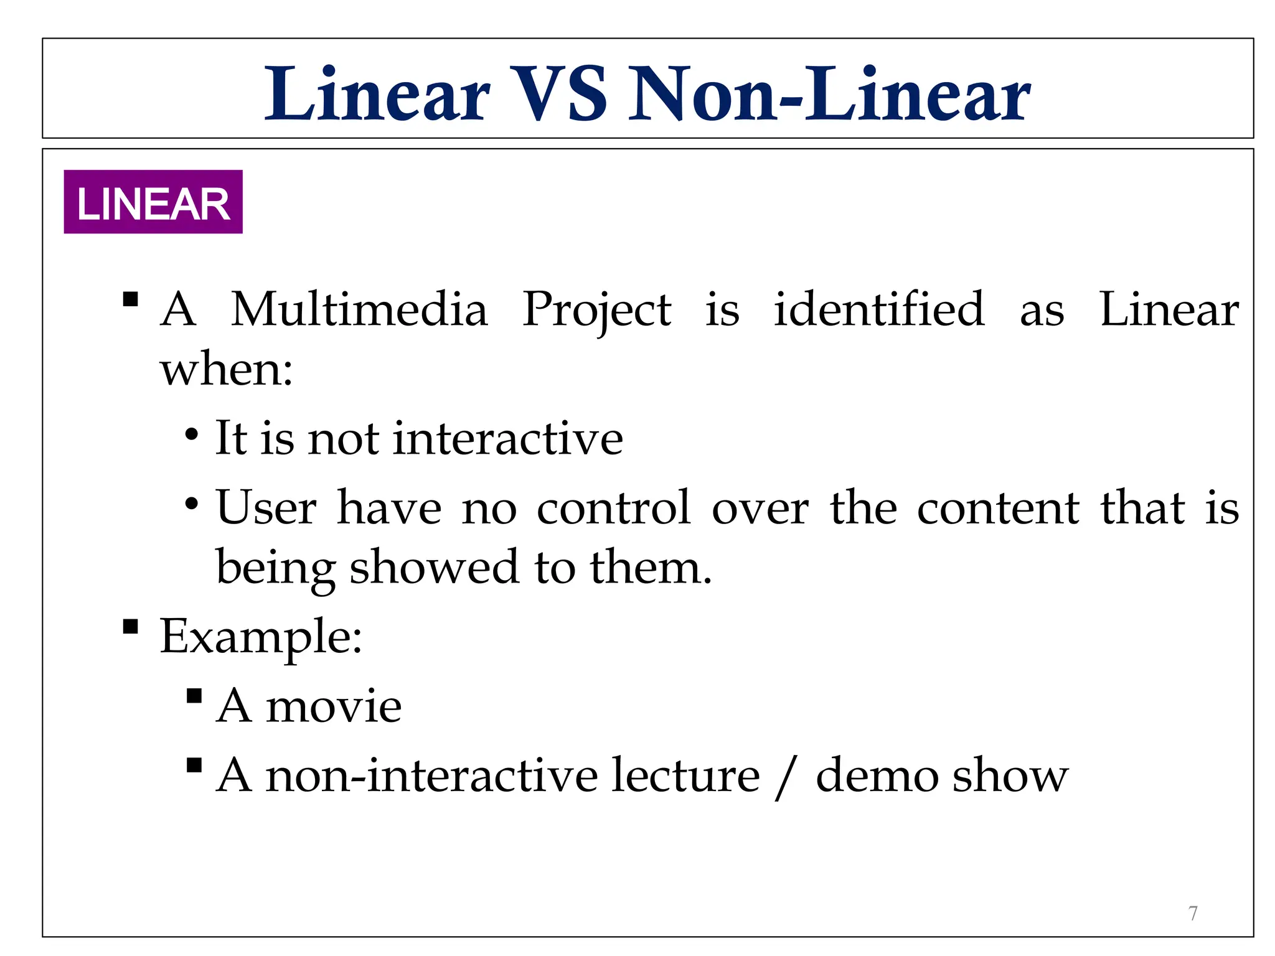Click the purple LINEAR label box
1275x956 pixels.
click(x=153, y=202)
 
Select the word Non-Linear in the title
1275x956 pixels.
click(x=829, y=95)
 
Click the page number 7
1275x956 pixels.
click(x=1193, y=913)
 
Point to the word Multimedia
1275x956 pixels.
click(x=359, y=309)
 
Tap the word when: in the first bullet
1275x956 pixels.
click(x=227, y=370)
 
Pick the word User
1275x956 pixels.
click(x=266, y=507)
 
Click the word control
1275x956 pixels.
click(x=614, y=507)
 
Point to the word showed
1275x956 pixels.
click(x=434, y=567)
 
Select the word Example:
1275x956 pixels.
click(x=261, y=637)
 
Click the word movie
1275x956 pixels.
click(x=334, y=706)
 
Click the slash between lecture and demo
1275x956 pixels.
click(x=787, y=776)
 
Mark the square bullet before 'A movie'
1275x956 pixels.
click(x=194, y=695)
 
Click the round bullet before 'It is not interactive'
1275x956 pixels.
click(x=192, y=434)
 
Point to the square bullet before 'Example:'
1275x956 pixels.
click(x=131, y=626)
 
